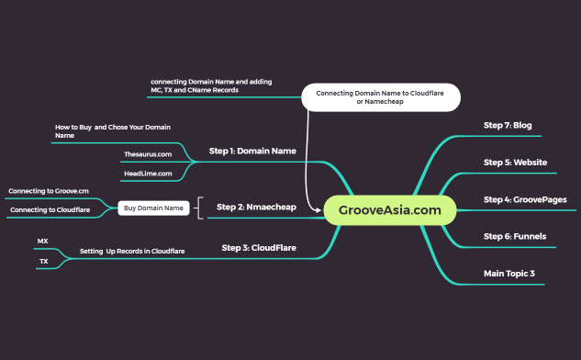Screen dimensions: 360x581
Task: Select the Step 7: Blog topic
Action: pos(508,125)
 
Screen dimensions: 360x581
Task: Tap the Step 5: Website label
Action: pos(515,162)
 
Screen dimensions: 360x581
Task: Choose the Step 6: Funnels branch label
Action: pos(514,236)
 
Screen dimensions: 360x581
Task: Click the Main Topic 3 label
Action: pos(508,273)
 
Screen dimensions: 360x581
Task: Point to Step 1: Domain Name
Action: pos(252,151)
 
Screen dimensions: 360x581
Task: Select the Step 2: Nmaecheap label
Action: pos(256,207)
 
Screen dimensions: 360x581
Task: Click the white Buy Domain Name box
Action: pos(153,208)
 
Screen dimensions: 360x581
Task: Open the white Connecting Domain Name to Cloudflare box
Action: pos(380,97)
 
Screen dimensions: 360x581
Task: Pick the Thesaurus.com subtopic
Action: pos(148,154)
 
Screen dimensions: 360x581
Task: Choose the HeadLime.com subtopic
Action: pos(148,173)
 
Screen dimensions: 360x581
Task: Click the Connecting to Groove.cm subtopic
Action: pos(49,191)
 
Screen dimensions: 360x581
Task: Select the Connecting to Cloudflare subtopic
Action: pos(50,210)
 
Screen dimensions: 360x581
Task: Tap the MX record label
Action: pos(42,241)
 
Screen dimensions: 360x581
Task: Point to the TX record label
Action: pos(43,261)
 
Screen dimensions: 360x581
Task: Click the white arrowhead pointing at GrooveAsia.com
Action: pos(318,209)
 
